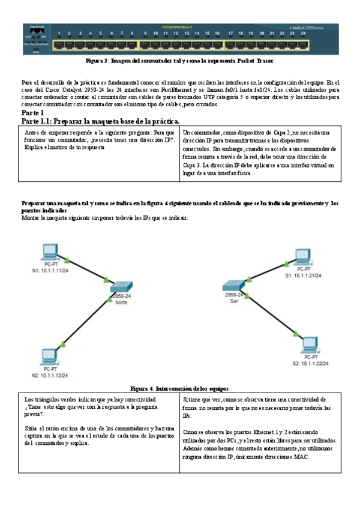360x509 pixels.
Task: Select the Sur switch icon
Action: (233, 286)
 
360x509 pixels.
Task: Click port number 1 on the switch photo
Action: (59, 33)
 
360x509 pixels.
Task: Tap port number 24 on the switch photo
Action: (304, 33)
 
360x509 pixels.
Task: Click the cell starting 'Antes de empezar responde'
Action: (100, 139)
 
